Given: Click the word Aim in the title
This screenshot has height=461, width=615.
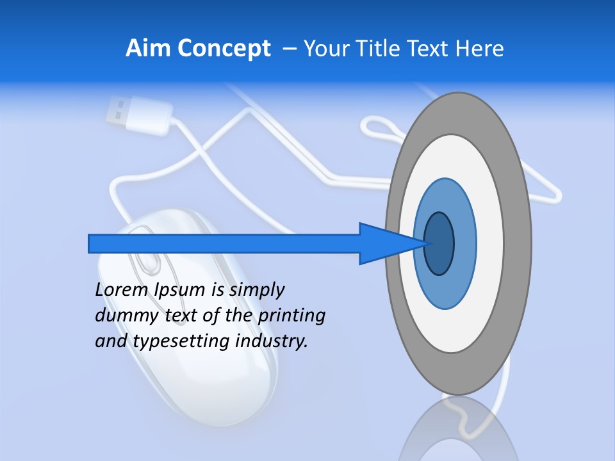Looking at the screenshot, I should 148,49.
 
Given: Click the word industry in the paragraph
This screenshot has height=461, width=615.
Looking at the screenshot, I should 272,341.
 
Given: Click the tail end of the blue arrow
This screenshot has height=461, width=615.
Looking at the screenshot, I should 91,243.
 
